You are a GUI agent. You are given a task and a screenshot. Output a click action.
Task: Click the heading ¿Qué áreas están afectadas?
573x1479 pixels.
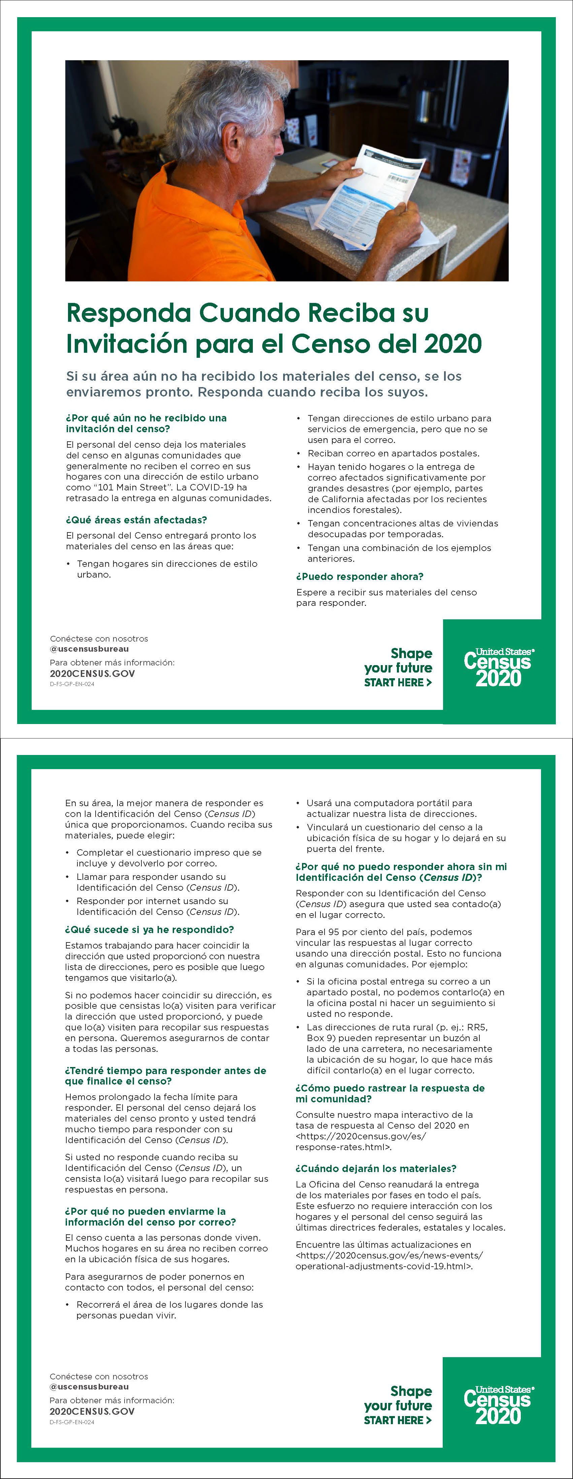coord(136,520)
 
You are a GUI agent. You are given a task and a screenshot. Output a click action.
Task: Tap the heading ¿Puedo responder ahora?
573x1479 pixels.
coord(360,577)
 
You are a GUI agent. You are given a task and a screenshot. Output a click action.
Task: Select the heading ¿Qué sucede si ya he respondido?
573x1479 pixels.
coord(149,930)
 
